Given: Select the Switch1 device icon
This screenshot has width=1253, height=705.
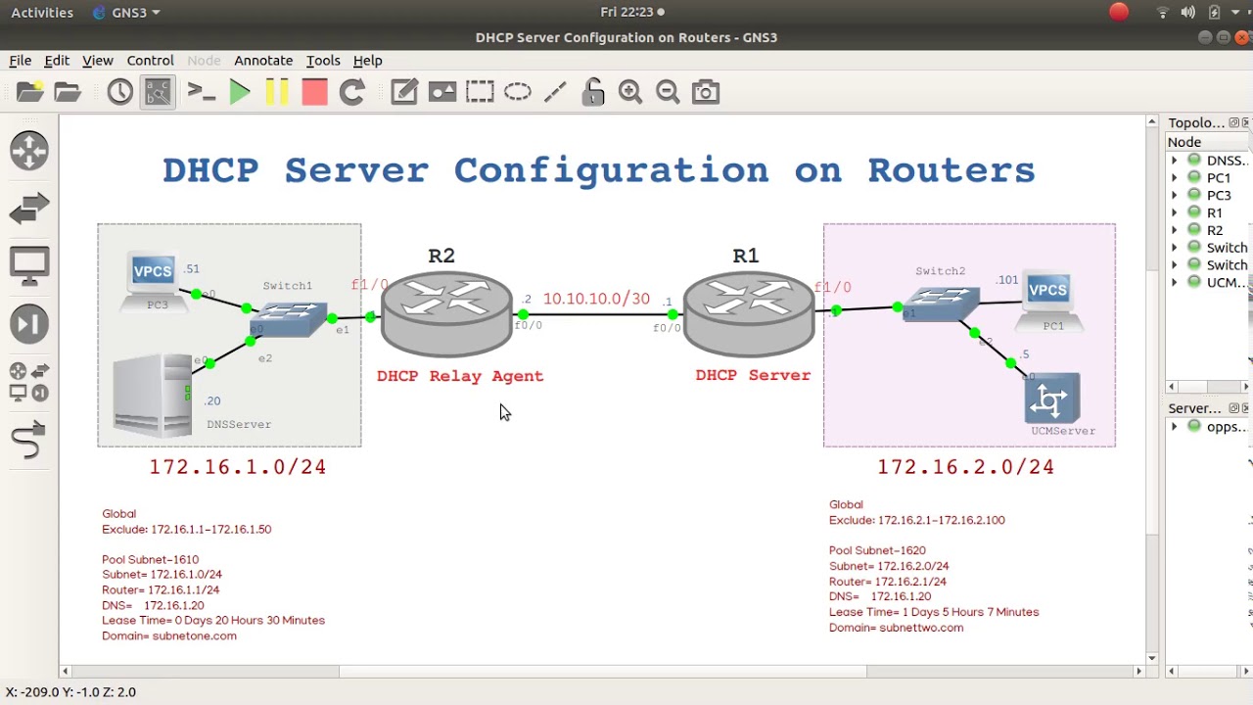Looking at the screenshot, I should (289, 317).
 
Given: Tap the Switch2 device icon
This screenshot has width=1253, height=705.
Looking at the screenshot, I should (941, 304).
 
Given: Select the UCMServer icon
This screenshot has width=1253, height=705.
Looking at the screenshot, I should (1052, 399).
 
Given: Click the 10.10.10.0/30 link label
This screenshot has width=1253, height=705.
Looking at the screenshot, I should (596, 299).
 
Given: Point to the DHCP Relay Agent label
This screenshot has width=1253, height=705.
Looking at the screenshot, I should (460, 376).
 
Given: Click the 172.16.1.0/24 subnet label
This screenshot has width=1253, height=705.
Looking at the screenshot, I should (238, 467).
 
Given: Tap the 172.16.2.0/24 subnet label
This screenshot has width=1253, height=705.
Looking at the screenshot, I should (966, 467).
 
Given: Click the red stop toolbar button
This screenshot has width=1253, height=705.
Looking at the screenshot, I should (314, 92).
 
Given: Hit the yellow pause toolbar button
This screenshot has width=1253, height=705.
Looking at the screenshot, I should (277, 92).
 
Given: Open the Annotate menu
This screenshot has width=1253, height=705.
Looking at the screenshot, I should (263, 61).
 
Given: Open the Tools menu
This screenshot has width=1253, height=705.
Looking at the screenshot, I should (323, 61).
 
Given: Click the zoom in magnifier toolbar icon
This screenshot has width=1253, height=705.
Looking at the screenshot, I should (630, 92).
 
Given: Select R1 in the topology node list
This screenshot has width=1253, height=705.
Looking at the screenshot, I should (1215, 212).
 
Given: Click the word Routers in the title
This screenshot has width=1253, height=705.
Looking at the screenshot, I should (951, 170).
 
